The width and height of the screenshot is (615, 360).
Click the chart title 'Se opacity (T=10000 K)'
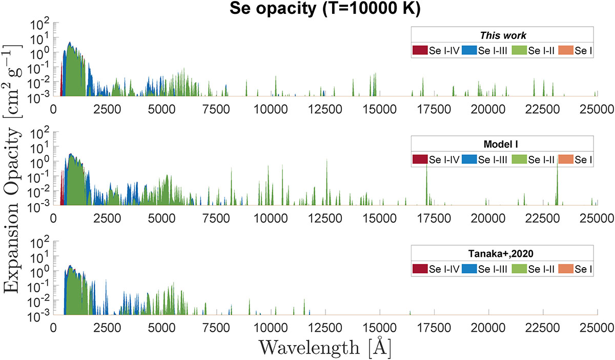pyautogui.click(x=325, y=9)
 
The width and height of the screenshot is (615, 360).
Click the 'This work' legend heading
pyautogui.click(x=503, y=35)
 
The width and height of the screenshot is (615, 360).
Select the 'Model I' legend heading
pyautogui.click(x=501, y=144)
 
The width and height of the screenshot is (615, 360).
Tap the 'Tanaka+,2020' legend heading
pyautogui.click(x=501, y=253)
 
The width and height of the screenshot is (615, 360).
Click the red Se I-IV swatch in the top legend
pyautogui.click(x=420, y=50)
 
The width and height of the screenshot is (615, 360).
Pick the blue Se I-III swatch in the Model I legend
pyautogui.click(x=469, y=159)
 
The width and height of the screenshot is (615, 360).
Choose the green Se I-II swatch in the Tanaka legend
pyautogui.click(x=519, y=269)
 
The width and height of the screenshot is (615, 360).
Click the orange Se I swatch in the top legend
pyautogui.click(x=566, y=50)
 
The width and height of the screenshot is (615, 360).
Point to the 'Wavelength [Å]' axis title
pyautogui.click(x=325, y=347)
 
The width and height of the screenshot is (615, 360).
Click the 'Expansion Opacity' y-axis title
pyautogui.click(x=11, y=210)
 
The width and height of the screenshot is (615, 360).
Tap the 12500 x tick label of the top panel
pyautogui.click(x=325, y=109)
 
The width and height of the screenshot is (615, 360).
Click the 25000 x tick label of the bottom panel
pyautogui.click(x=597, y=328)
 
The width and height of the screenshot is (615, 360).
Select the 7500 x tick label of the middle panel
pyautogui.click(x=216, y=218)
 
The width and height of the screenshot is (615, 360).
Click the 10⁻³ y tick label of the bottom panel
pyautogui.click(x=40, y=315)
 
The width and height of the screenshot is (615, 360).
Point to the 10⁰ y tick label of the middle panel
pyautogui.click(x=40, y=162)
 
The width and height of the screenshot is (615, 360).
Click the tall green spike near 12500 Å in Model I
pyautogui.click(x=327, y=182)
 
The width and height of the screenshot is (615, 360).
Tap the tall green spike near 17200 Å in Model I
pyautogui.click(x=426, y=184)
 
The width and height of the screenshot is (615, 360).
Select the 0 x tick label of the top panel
pyautogui.click(x=53, y=109)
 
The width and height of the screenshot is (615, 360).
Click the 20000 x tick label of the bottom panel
pyautogui.click(x=488, y=328)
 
